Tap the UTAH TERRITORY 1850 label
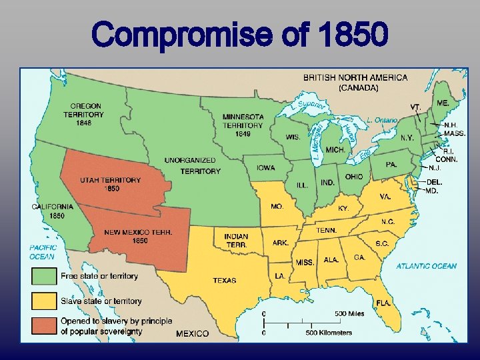111,184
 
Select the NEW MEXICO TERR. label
138,236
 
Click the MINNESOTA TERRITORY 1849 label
243,125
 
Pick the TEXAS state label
225,281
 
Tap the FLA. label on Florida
382,303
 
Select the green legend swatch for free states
43,276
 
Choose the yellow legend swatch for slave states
43,301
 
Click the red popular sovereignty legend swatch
43,326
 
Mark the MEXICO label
192,333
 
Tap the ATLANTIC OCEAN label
427,266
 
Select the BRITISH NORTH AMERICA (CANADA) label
355,82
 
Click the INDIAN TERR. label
236,241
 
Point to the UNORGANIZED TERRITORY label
192,166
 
